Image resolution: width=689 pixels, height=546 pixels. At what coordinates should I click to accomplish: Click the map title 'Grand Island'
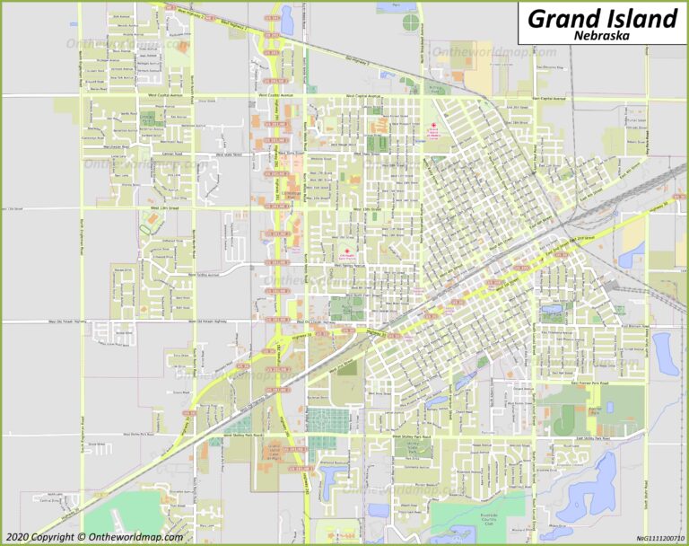pyautogui.click(x=601, y=17)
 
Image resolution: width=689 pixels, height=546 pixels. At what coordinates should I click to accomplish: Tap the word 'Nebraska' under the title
pyautogui.click(x=600, y=37)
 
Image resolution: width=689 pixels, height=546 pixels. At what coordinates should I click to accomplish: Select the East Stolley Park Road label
pyautogui.click(x=592, y=437)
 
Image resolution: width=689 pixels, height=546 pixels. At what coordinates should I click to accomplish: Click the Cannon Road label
pyautogui.click(x=172, y=154)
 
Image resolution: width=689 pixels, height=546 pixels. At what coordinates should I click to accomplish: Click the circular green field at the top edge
pyautogui.click(x=410, y=21)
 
